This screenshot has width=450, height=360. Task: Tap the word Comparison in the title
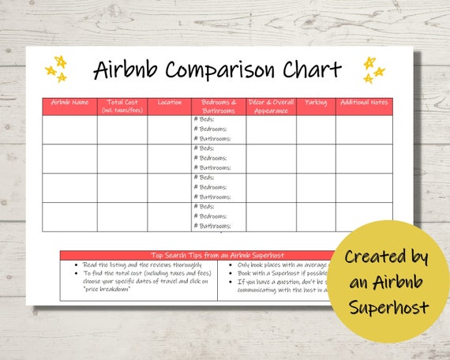219,70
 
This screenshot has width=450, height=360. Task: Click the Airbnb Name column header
69,103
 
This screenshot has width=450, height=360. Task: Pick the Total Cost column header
122,106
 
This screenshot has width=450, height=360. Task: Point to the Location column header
169,103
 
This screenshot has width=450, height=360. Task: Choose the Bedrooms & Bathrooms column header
219,106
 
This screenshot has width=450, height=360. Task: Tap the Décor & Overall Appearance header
271,106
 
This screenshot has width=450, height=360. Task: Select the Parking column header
316,103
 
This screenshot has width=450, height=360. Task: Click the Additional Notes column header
364,103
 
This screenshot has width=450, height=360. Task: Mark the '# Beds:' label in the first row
204,119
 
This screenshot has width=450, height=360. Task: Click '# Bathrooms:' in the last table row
212,226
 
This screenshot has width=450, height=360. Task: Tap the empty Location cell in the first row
169,129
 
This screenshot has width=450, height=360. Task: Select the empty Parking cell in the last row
316,216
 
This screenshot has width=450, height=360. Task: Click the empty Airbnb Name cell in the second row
69,159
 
